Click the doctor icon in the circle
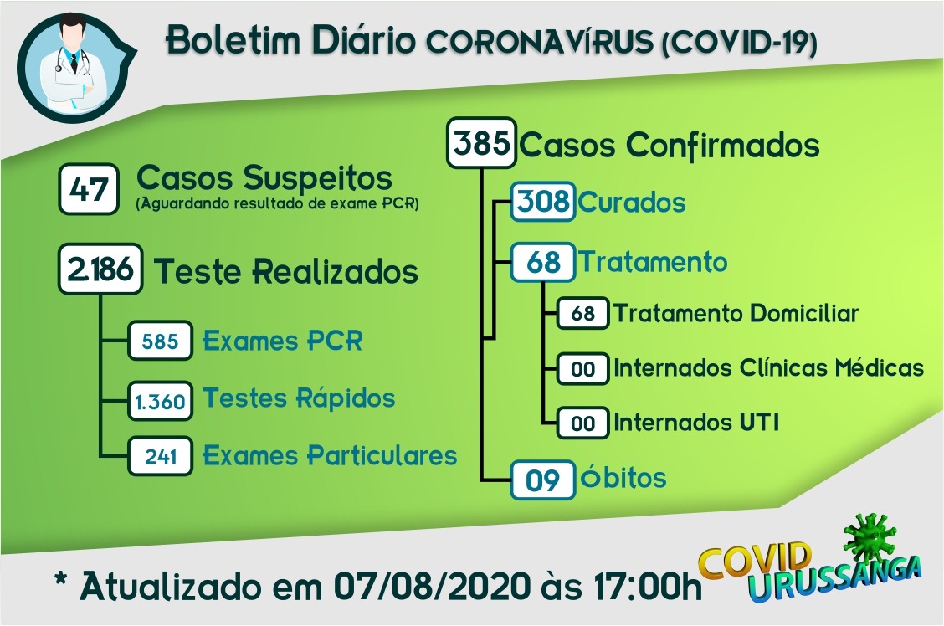pos(72,66)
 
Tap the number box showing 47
pos(89,189)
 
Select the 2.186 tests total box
pos(100,269)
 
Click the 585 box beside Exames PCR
pos(160,341)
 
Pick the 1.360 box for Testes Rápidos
pos(160,400)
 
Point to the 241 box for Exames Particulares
pos(160,455)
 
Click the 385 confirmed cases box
pos(482,142)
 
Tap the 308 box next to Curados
pos(543,201)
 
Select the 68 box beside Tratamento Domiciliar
pos(582,313)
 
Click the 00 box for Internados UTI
pos(582,423)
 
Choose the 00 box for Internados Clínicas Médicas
pos(582,368)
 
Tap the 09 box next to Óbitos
pos(543,480)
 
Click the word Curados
pos(632,203)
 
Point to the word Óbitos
pos(623,477)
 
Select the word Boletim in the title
pos(233,40)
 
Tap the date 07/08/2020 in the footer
pos(433,586)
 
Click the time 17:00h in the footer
pos(647,586)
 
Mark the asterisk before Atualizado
pos(61,580)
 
